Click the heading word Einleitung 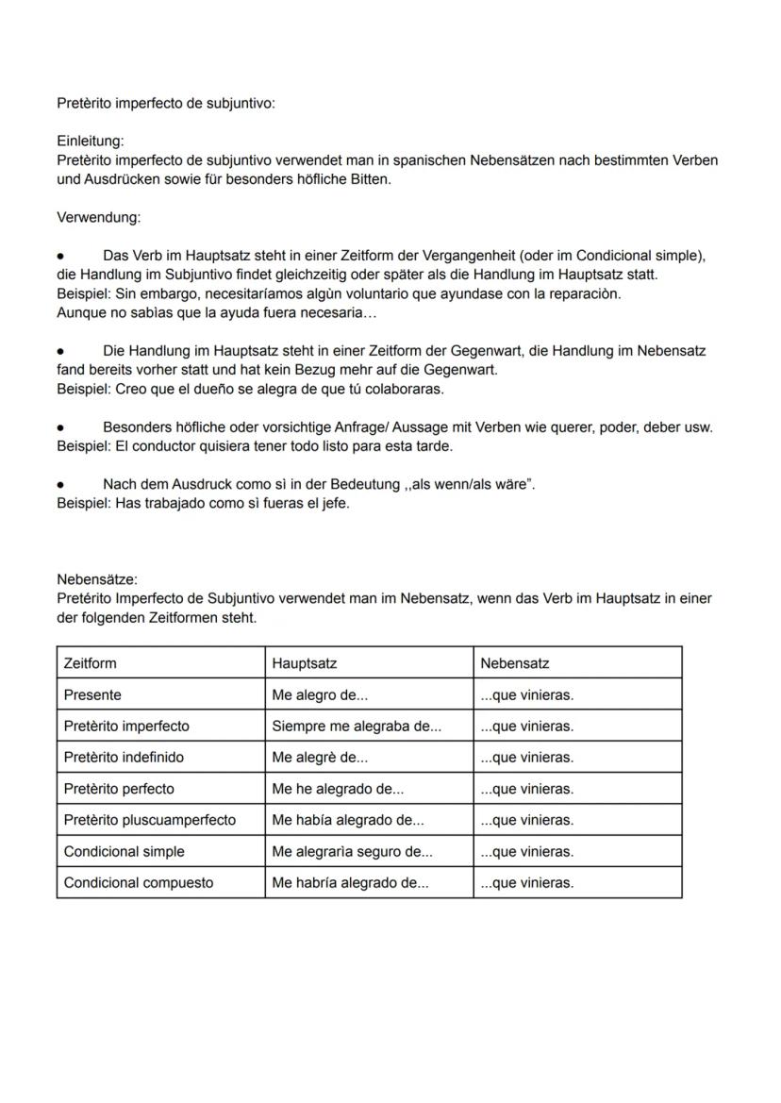[x=90, y=142]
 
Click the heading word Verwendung [x=98, y=218]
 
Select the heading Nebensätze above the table [x=96, y=579]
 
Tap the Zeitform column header [x=91, y=663]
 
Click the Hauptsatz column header [x=305, y=663]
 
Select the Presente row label [x=92, y=695]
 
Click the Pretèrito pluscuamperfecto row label [x=150, y=820]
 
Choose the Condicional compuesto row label [x=139, y=883]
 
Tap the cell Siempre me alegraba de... [x=357, y=727]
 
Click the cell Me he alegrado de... [x=338, y=789]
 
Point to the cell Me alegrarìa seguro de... [x=353, y=852]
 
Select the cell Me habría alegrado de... [x=350, y=883]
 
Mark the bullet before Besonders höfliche [x=60, y=427]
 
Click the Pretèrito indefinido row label [x=124, y=758]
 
